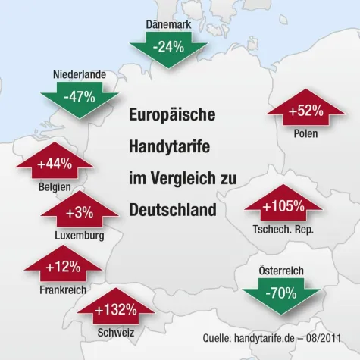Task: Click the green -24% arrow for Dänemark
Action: click(x=167, y=49)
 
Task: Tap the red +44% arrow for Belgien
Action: click(x=54, y=162)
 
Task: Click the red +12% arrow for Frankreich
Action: click(x=63, y=266)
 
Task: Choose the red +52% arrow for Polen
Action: click(x=305, y=111)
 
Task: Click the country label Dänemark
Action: click(x=168, y=25)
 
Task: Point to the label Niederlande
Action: click(x=79, y=74)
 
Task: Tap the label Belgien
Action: click(x=54, y=186)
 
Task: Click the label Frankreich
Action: click(x=63, y=290)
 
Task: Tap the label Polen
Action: click(x=305, y=134)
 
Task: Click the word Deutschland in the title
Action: click(x=172, y=208)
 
